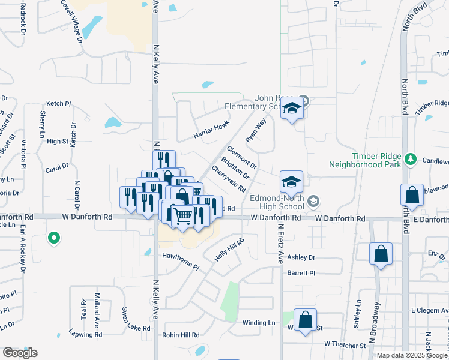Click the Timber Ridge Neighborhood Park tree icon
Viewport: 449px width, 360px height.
click(x=411, y=158)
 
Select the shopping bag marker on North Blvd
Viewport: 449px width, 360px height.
click(x=412, y=195)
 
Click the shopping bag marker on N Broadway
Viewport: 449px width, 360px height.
click(x=381, y=254)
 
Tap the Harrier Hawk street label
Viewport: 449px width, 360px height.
click(x=211, y=130)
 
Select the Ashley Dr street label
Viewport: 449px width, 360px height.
click(x=301, y=257)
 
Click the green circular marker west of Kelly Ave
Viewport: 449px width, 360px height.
click(x=53, y=238)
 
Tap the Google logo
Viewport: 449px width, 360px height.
click(x=19, y=353)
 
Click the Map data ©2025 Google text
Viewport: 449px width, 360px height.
click(x=411, y=355)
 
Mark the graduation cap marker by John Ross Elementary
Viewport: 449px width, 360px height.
click(x=292, y=109)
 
